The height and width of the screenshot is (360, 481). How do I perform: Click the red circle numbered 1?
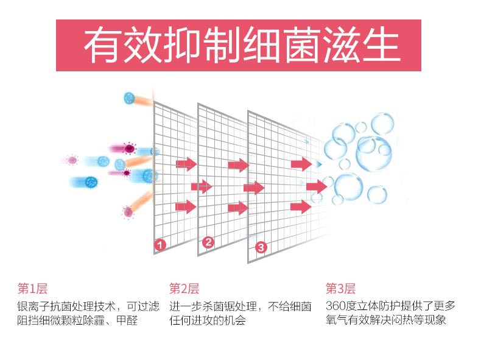point(160,244)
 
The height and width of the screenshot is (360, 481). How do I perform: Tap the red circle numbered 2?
point(208,242)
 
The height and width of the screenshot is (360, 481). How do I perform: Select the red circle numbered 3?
point(261,247)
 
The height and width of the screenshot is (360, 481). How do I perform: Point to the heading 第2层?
point(184,289)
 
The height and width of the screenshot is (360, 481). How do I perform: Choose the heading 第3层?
point(340,289)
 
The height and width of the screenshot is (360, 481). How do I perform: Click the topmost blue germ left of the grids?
point(129,97)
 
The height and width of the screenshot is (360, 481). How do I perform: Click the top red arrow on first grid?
point(186,164)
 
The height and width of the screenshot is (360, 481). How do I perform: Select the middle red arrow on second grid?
point(253,186)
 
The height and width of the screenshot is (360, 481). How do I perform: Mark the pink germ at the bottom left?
point(127,212)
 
